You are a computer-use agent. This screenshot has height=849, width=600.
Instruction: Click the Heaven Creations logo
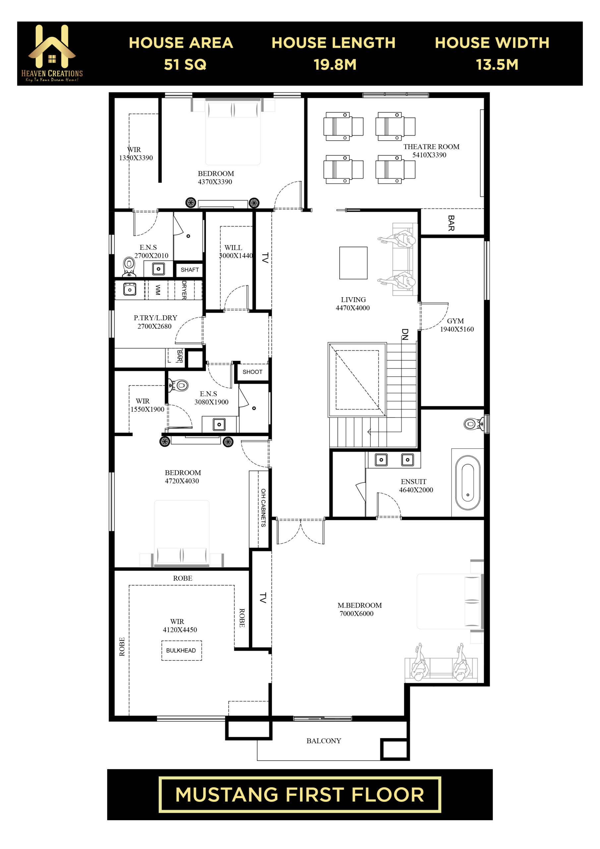pos(52,53)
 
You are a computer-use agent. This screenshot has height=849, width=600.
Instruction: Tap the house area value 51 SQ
pos(185,65)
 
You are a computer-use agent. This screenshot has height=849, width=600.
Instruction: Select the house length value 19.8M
pos(335,65)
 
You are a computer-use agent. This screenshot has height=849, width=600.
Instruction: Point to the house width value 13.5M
pos(497,65)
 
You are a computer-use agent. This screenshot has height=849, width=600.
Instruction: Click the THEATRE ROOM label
pos(431,147)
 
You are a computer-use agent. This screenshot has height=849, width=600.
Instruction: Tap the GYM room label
pos(455,321)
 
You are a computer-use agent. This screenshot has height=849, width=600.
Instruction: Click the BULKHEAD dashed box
pos(182,650)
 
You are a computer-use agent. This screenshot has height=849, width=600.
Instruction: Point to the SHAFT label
pos(190,270)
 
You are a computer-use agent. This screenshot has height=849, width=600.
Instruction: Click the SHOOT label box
pos(252,372)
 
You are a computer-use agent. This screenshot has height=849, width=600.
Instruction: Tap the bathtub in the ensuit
pos(468,483)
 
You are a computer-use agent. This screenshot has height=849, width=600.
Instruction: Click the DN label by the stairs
pos(405,334)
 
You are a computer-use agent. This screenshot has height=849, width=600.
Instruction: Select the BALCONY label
pos(324,741)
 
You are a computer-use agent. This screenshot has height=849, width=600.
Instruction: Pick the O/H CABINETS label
pos(263,508)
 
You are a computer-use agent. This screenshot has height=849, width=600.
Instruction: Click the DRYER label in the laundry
pos(184,290)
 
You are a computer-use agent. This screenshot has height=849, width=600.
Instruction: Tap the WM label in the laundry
pos(158,290)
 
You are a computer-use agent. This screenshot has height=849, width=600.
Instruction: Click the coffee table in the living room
pos(353,263)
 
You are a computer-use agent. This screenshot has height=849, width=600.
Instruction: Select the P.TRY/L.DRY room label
pos(155,318)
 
